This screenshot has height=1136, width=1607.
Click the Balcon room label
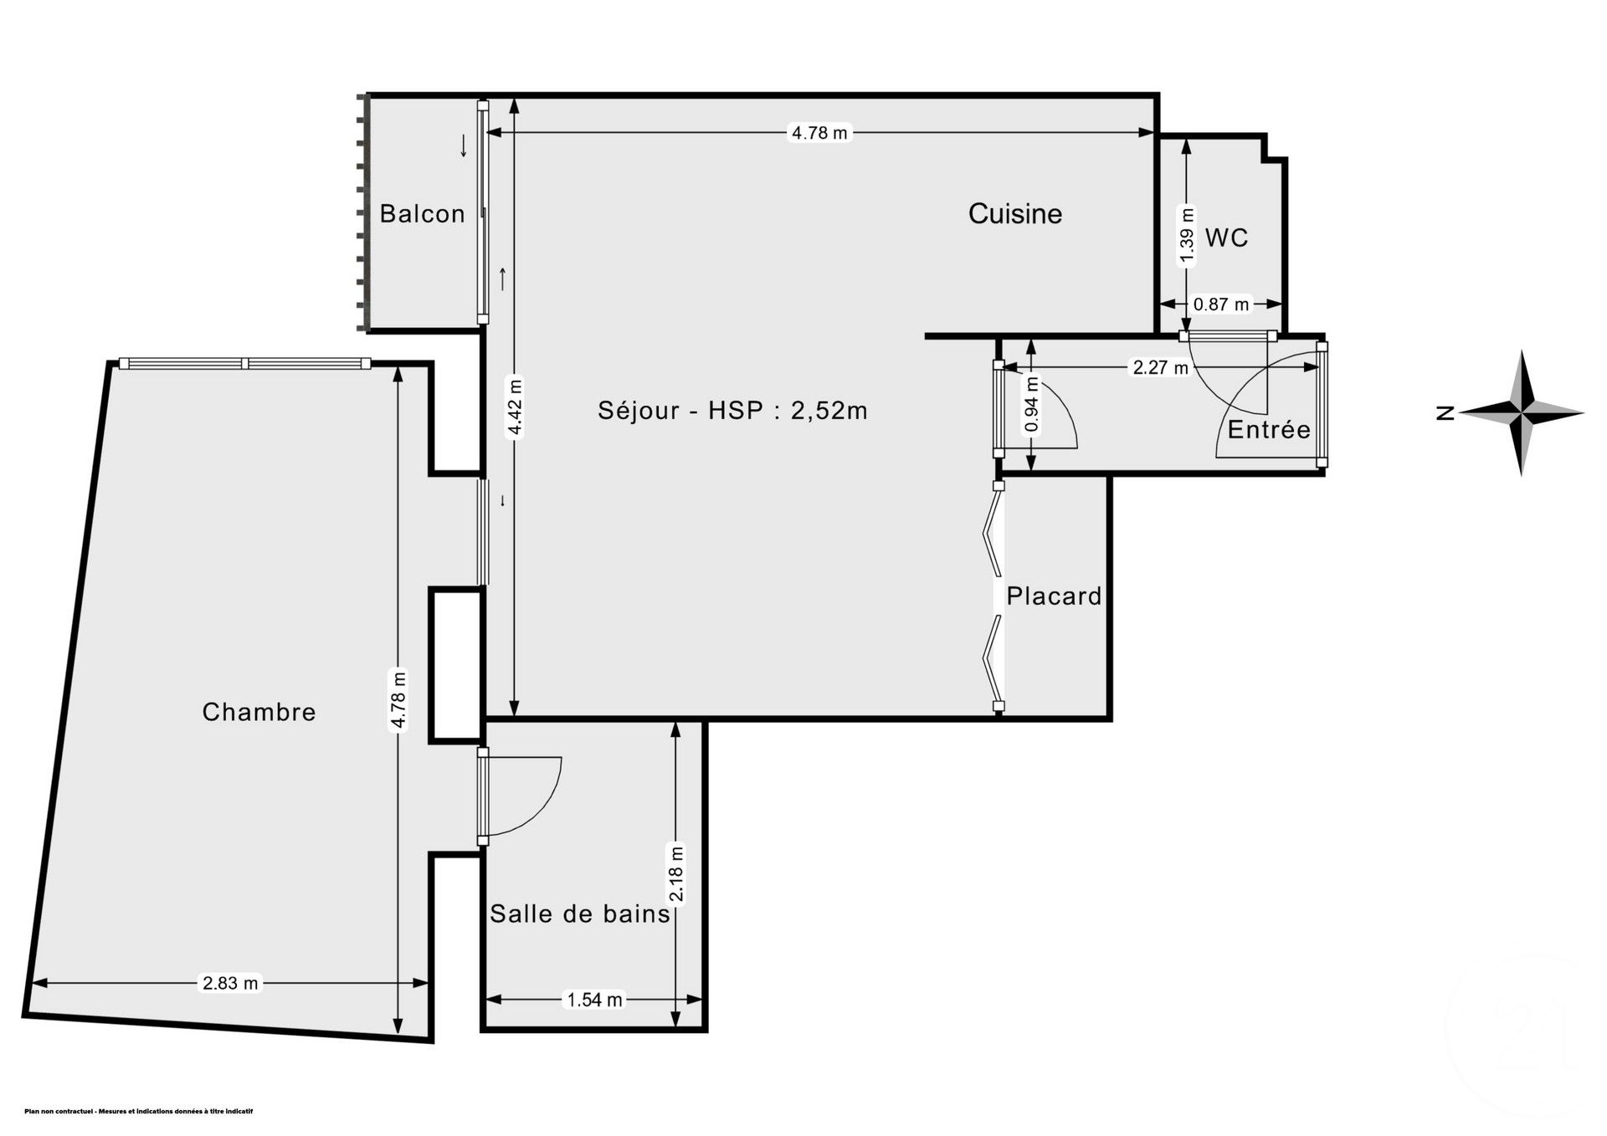[x=422, y=214]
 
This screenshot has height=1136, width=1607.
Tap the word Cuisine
[x=1014, y=214]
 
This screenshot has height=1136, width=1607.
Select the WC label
[x=1226, y=238]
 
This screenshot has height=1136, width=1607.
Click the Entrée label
[x=1268, y=430]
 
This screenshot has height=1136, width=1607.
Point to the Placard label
[x=1054, y=596]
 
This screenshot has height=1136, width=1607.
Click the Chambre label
[x=259, y=713]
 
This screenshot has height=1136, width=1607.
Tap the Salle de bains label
[x=580, y=914]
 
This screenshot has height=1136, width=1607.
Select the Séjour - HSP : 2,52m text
[x=732, y=411]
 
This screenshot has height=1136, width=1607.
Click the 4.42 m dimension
[x=516, y=408]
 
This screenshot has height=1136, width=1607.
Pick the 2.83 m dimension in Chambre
[x=230, y=984]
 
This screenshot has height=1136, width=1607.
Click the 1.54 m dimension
[x=594, y=1000]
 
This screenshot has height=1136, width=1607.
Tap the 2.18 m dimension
[x=677, y=874]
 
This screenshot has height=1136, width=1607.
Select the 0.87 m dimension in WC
[x=1220, y=304]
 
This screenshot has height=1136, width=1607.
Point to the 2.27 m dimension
[x=1159, y=367]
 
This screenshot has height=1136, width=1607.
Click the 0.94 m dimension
[x=1032, y=405]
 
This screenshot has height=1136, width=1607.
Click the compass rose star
[x=1522, y=412]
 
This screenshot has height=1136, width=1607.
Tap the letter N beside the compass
[x=1444, y=412]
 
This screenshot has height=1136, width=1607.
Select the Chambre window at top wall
[x=244, y=363]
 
